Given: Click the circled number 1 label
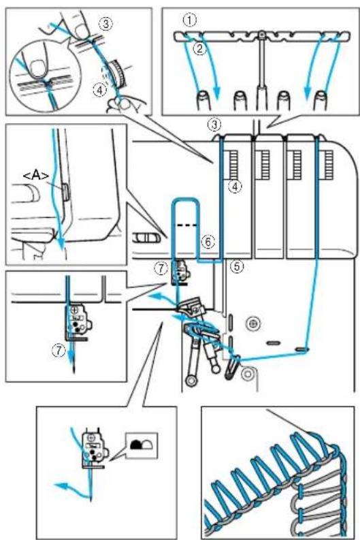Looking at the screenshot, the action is point(190,20).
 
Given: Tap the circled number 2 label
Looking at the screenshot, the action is point(199,48).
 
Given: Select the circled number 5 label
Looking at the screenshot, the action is point(238,266).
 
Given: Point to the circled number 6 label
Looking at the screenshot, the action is point(208,242).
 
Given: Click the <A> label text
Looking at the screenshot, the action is point(36,176).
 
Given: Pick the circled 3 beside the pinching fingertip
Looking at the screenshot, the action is point(105,23).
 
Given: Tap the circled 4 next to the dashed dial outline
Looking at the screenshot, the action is point(99,91).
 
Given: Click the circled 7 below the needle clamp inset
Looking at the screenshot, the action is point(59,351).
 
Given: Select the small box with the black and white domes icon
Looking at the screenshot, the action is point(142,445).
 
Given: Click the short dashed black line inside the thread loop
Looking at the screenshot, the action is point(187,225).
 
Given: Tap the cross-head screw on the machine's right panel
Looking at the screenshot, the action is point(253,323).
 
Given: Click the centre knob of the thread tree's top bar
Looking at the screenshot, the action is point(262,34).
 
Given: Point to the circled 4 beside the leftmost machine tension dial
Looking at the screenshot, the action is point(235,187).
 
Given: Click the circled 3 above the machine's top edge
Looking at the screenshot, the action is point(215,125).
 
